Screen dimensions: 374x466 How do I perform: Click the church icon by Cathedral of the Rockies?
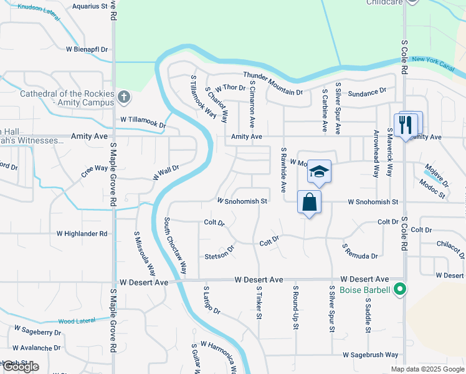coord(124,97)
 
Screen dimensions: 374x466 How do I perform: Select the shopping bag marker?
coord(310,203)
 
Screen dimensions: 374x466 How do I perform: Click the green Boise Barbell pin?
coord(401,289)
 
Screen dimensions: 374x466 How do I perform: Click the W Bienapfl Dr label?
coord(87,49)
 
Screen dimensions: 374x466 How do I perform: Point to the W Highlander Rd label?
coord(82,234)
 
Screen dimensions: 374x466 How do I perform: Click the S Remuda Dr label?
coord(359,251)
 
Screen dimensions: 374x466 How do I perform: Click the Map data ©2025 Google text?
coord(427,369)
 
